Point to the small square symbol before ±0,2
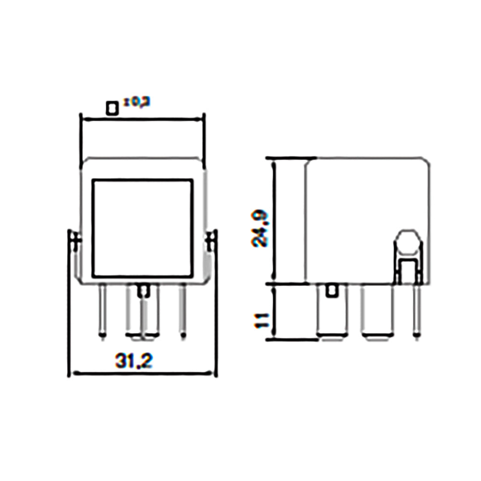click(x=112, y=108)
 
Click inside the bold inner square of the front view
click(x=142, y=228)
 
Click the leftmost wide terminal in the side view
click(x=330, y=313)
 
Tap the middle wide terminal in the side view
click(x=377, y=313)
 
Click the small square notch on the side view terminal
click(x=331, y=291)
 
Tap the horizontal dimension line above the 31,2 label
click(x=142, y=372)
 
